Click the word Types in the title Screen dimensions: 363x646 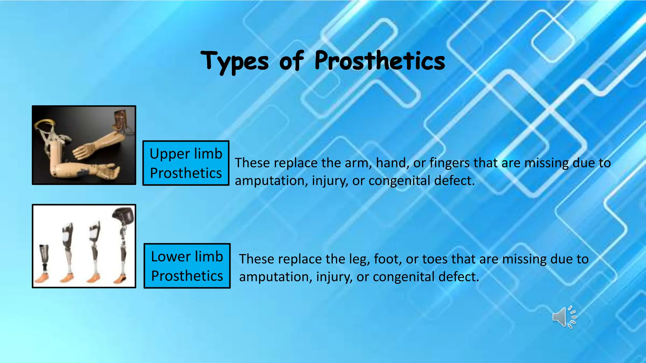235,61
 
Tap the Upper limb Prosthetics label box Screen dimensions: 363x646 186,163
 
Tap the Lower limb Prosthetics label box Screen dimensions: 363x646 187,266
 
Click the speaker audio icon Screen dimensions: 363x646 564,317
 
